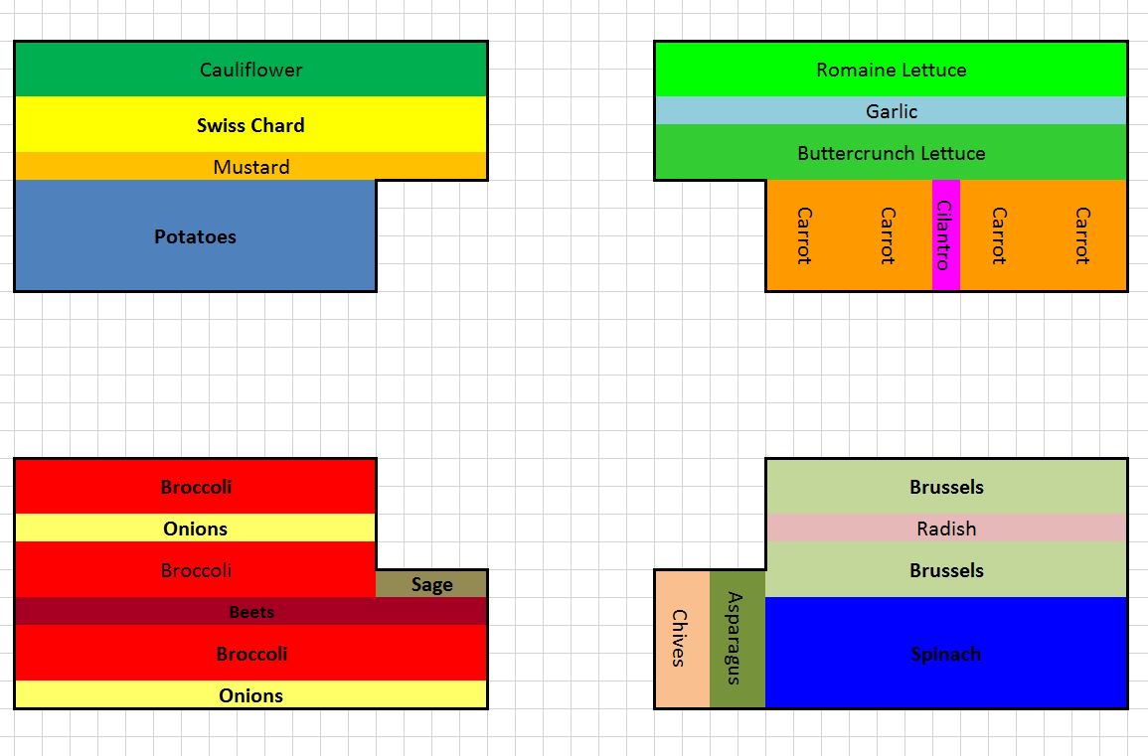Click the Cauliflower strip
pyautogui.click(x=250, y=70)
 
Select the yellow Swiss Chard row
pyautogui.click(x=250, y=125)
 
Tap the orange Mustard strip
pyautogui.click(x=250, y=167)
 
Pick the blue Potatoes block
pyautogui.click(x=195, y=236)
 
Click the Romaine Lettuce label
pyautogui.click(x=891, y=70)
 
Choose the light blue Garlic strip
pyautogui.click(x=891, y=111)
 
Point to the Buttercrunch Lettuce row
pyautogui.click(x=891, y=153)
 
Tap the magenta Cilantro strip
pyautogui.click(x=945, y=235)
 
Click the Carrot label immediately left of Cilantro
pyautogui.click(x=888, y=235)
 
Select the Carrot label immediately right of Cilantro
pyautogui.click(x=999, y=235)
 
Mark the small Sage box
pyautogui.click(x=431, y=584)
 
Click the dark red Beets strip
pyautogui.click(x=250, y=612)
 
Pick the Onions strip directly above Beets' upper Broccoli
pyautogui.click(x=195, y=529)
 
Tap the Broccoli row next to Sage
pyautogui.click(x=195, y=570)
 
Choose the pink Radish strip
pyautogui.click(x=946, y=529)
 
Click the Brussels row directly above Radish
pyautogui.click(x=946, y=487)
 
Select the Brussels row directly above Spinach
pyautogui.click(x=946, y=570)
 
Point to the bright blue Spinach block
pyautogui.click(x=946, y=654)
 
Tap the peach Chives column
pyautogui.click(x=681, y=638)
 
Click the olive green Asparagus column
pyautogui.click(x=737, y=638)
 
